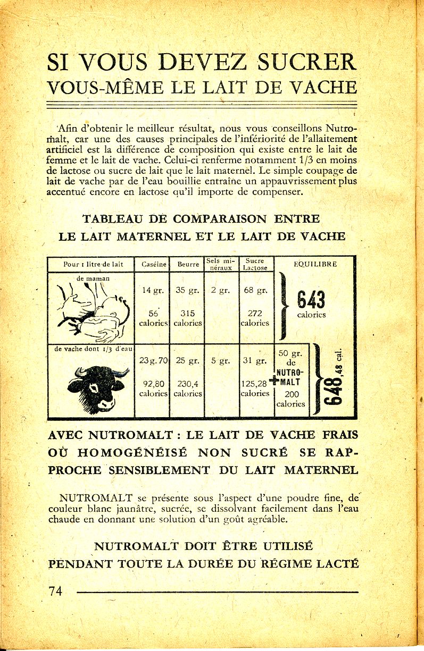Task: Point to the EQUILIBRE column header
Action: (x=315, y=264)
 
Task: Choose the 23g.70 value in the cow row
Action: (x=153, y=360)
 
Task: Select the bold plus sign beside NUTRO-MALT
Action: (x=273, y=381)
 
